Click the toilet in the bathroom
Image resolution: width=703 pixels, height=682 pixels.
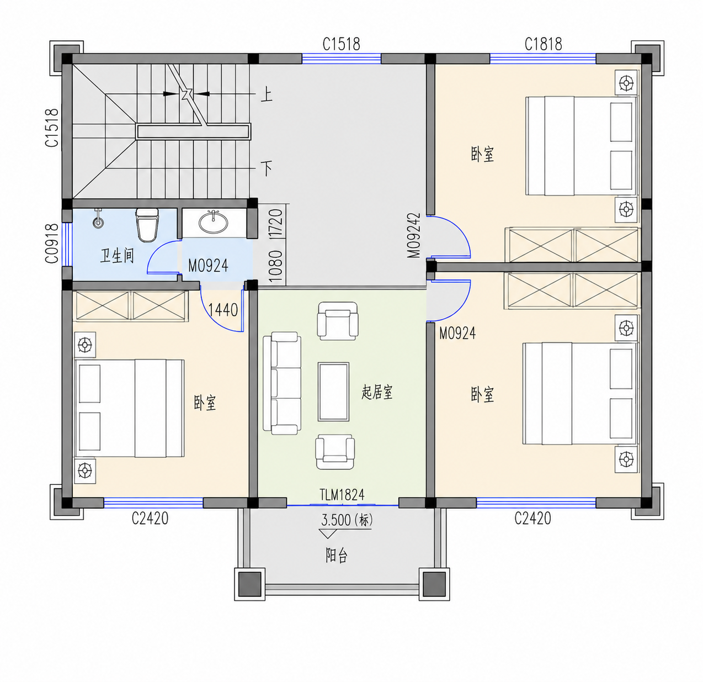click(x=147, y=225)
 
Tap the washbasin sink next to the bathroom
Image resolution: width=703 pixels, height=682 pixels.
click(x=213, y=221)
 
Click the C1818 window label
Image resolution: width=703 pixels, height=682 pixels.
click(x=543, y=44)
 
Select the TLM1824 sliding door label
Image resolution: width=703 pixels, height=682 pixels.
click(x=342, y=494)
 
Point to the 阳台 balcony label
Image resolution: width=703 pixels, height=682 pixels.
click(x=337, y=555)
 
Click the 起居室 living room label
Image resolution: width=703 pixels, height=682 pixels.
click(x=377, y=392)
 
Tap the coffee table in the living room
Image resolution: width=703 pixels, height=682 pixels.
click(x=333, y=392)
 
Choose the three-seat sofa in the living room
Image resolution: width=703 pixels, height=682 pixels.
click(x=282, y=383)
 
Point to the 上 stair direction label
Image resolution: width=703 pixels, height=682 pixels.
click(x=267, y=95)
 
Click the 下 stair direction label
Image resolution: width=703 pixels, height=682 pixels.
click(x=267, y=168)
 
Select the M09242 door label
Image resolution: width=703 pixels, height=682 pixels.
click(x=414, y=235)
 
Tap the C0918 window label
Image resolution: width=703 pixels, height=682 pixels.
click(x=52, y=244)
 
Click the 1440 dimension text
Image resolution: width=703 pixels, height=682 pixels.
click(x=223, y=310)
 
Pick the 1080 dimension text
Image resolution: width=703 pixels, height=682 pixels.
click(x=276, y=267)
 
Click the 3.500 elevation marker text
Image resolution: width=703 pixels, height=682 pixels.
click(x=347, y=520)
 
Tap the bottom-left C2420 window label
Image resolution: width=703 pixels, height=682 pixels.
click(x=150, y=519)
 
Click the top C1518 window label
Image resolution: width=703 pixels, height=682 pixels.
click(x=342, y=44)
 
